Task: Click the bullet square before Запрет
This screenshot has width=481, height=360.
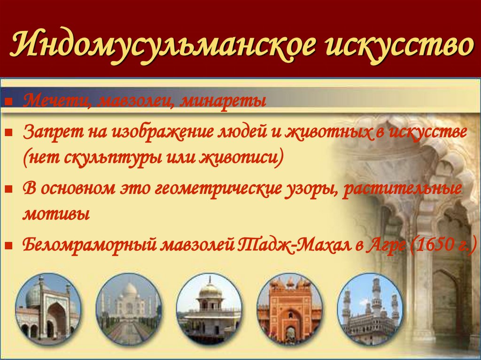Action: tap(8, 133)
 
